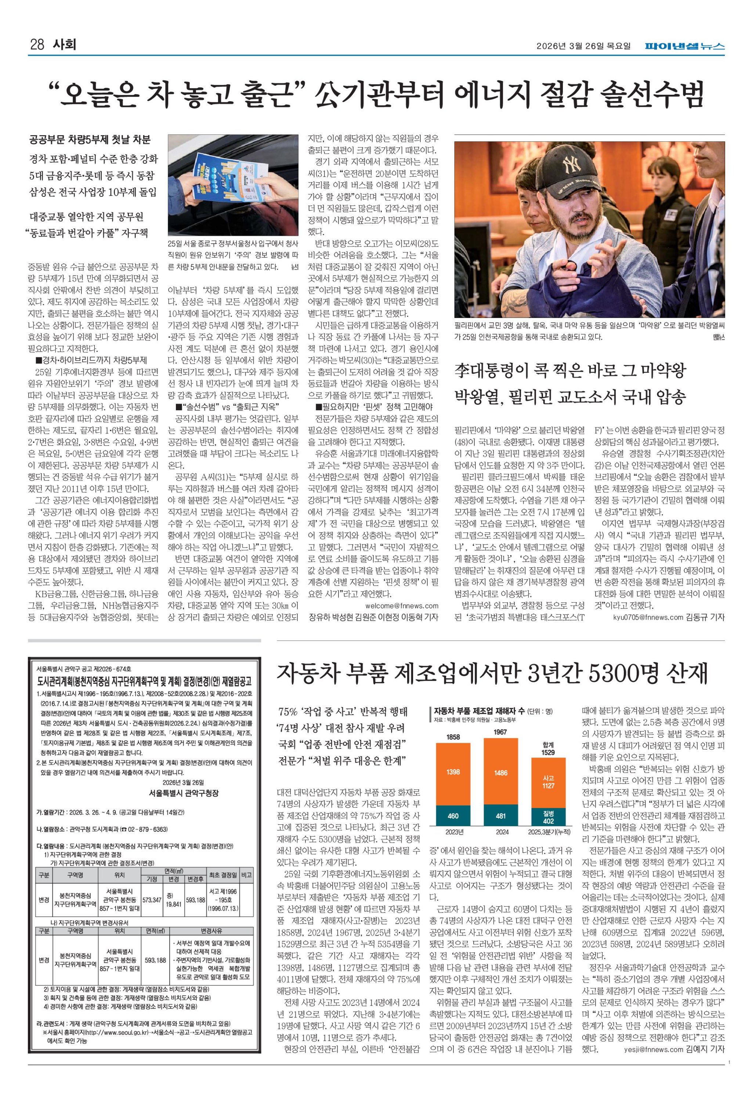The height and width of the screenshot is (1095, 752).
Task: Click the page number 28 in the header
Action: (x=37, y=45)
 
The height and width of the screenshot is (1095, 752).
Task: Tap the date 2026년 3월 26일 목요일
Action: (x=583, y=46)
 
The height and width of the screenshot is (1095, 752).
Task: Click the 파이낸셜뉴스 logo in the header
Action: (x=685, y=46)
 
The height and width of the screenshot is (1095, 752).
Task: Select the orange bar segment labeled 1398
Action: (x=453, y=772)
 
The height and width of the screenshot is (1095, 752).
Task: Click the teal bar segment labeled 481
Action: (x=500, y=816)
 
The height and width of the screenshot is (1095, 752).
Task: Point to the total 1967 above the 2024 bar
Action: (x=500, y=732)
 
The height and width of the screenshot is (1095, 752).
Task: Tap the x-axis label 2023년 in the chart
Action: (x=454, y=832)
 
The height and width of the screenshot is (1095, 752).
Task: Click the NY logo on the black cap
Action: (x=574, y=165)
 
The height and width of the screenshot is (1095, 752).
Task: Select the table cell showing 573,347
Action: (x=152, y=900)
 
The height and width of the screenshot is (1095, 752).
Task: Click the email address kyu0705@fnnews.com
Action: (x=648, y=617)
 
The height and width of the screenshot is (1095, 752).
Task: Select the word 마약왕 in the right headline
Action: (x=658, y=371)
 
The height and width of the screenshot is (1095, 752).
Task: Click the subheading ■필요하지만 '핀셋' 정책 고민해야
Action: (x=374, y=406)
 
